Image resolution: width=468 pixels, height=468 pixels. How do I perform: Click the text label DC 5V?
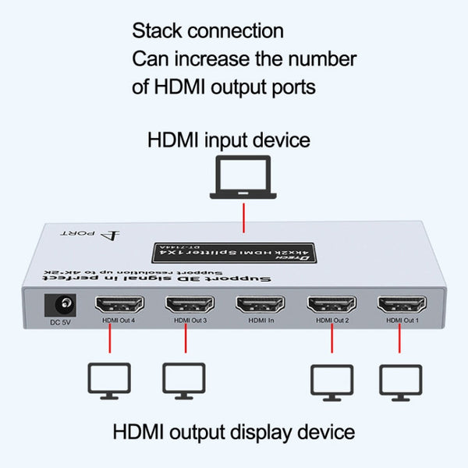(x=59, y=320)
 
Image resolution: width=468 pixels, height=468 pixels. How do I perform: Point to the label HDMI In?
(x=261, y=319)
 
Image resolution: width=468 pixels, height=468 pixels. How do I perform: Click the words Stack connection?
(x=207, y=31)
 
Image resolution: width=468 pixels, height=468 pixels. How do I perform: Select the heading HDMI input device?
(x=229, y=140)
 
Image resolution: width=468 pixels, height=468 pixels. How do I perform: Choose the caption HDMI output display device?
(x=234, y=431)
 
